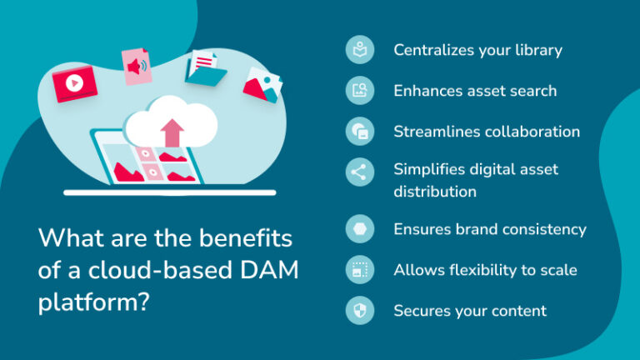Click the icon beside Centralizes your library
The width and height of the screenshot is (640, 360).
(x=359, y=50)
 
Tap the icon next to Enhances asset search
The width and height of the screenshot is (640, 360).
(x=359, y=91)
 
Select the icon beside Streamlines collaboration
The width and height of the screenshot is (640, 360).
(x=359, y=132)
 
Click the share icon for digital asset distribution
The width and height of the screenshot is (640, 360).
(x=359, y=172)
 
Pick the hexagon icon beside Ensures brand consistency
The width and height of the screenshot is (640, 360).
(x=359, y=229)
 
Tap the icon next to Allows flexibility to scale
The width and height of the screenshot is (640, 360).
(x=359, y=270)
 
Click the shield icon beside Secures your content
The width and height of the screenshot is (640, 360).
(x=359, y=311)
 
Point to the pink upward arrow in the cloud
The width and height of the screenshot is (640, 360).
(x=172, y=132)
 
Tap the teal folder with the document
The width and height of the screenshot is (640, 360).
(x=205, y=67)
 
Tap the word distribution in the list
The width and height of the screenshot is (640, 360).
(x=435, y=192)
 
